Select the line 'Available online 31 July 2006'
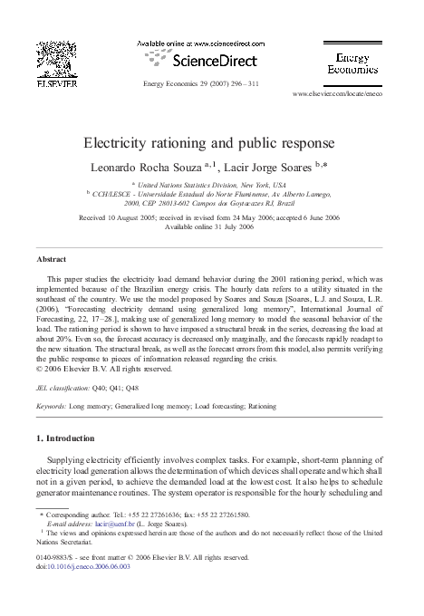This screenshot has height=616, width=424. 211,227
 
